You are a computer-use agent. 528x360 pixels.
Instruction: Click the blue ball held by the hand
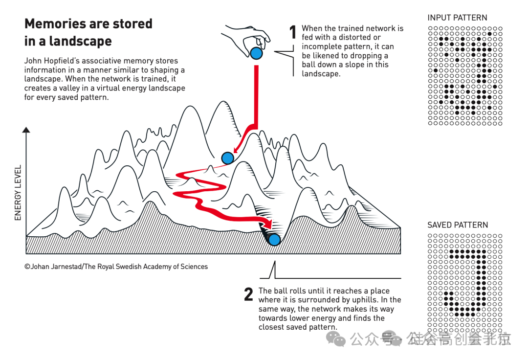[256, 53]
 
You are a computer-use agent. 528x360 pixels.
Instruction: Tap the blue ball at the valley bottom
[274, 240]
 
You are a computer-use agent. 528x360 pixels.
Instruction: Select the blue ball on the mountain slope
[228, 157]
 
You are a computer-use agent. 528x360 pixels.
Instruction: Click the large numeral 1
[293, 32]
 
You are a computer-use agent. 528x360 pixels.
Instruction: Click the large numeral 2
[248, 294]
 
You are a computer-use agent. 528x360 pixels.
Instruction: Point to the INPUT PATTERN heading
[457, 18]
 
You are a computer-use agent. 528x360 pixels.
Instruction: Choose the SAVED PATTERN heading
[458, 225]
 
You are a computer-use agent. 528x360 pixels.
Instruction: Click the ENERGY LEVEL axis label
[18, 193]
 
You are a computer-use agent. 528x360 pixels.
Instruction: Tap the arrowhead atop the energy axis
[26, 130]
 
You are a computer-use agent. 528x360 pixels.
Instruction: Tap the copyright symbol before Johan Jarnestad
[27, 267]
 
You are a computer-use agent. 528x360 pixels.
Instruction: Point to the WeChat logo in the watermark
[336, 339]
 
